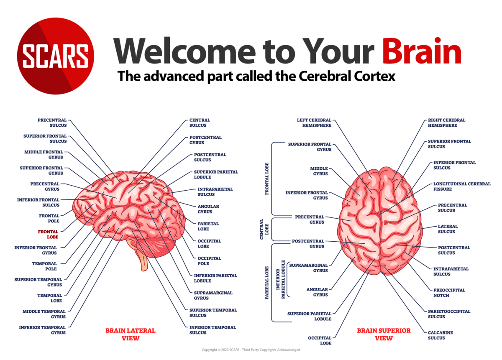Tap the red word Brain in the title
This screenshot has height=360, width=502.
(x=422, y=51)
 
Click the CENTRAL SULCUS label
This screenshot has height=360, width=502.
(x=200, y=123)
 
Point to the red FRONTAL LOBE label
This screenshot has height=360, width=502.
(x=48, y=234)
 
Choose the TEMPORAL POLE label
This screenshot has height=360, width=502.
(x=44, y=266)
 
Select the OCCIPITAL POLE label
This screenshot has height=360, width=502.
(x=209, y=261)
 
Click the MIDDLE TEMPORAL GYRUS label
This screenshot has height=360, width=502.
(x=44, y=314)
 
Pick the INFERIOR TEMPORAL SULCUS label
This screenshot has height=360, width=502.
(x=213, y=330)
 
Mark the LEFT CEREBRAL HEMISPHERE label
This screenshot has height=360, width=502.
(x=314, y=123)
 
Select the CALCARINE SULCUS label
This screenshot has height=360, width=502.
(x=440, y=335)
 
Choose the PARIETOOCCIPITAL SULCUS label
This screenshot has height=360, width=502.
(x=449, y=314)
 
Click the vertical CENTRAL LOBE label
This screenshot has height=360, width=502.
(x=262, y=229)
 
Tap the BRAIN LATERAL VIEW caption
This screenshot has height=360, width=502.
(x=130, y=334)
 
